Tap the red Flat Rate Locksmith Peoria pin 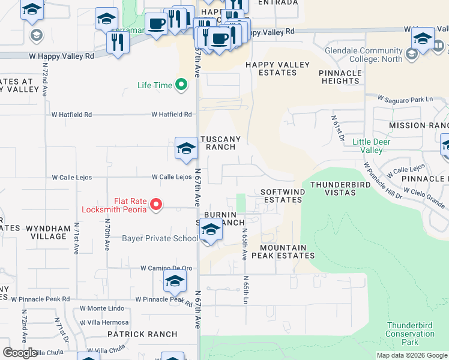(156, 205)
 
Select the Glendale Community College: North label (363, 55)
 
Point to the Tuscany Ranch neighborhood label (223, 143)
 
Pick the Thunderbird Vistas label (341, 188)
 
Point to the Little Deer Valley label (367, 146)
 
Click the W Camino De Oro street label (167, 268)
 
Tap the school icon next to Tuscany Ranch (186, 148)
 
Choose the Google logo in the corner (20, 353)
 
